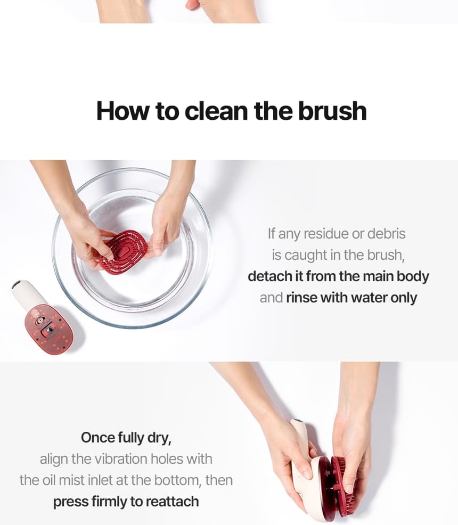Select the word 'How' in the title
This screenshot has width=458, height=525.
(122, 111)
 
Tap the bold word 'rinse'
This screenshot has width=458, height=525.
(301, 298)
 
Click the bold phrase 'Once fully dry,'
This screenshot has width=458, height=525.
(126, 438)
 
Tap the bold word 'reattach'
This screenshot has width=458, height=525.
(173, 502)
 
